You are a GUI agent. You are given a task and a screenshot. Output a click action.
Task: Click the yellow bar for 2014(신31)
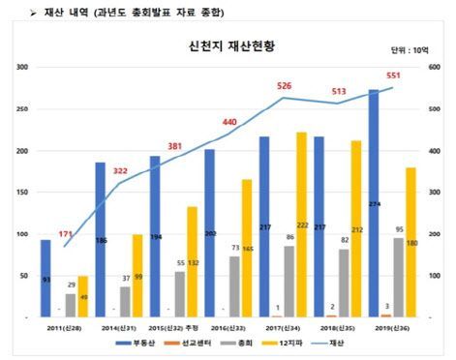(x=137, y=276)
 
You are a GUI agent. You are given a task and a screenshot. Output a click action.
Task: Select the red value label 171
(x=65, y=234)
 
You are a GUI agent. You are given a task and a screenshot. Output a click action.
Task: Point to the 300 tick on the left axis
(x=20, y=68)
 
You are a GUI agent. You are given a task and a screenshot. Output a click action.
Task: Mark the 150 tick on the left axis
(x=20, y=193)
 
